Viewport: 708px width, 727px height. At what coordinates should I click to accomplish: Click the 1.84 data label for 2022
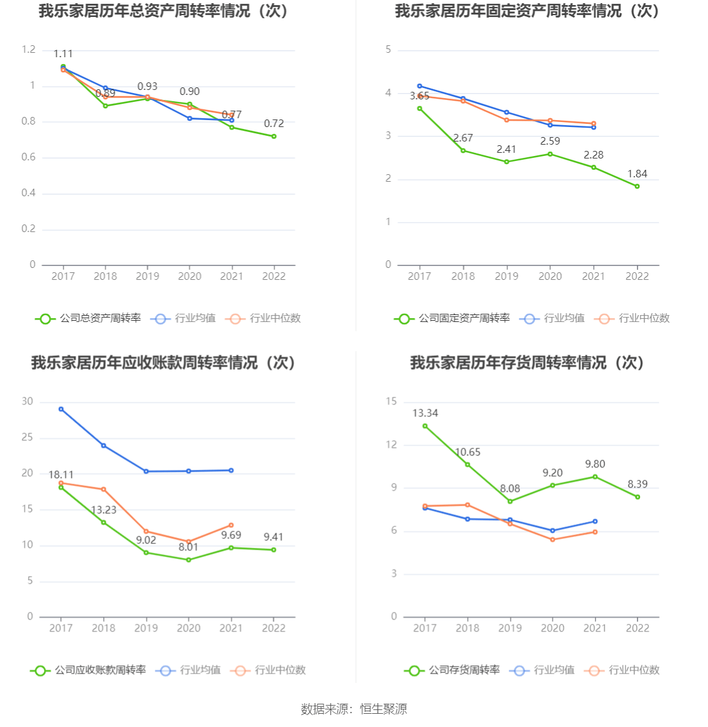point(637,174)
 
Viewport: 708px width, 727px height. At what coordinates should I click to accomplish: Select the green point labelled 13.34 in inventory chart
point(425,426)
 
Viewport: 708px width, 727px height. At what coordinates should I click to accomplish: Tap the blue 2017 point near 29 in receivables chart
point(61,409)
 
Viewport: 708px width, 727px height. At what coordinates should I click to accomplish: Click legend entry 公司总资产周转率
point(88,318)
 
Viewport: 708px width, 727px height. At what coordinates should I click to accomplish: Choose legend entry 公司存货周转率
point(452,670)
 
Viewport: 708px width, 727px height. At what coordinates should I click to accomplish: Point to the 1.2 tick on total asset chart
point(28,50)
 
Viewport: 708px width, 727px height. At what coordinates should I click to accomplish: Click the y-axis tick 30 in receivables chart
point(27,401)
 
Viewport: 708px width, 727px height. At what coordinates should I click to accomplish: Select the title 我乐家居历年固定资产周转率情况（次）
point(527,11)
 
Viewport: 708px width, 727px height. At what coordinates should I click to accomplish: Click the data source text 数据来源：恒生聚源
point(354,709)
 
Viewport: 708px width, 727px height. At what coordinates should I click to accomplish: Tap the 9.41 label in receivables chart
point(273,536)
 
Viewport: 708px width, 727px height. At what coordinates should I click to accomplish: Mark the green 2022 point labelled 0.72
point(274,136)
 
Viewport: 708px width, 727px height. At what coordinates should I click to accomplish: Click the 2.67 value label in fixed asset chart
point(463,138)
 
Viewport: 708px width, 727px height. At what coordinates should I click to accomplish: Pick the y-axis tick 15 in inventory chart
point(391,401)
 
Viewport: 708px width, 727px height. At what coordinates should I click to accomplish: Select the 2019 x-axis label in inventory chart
point(510,628)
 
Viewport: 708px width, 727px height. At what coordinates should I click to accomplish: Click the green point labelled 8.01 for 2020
point(189,560)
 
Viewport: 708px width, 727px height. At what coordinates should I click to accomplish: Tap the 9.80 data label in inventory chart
point(595,463)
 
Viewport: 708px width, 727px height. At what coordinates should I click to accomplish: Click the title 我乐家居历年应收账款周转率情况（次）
point(163,363)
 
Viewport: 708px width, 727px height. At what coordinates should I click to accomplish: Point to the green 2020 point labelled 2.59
point(550,154)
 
